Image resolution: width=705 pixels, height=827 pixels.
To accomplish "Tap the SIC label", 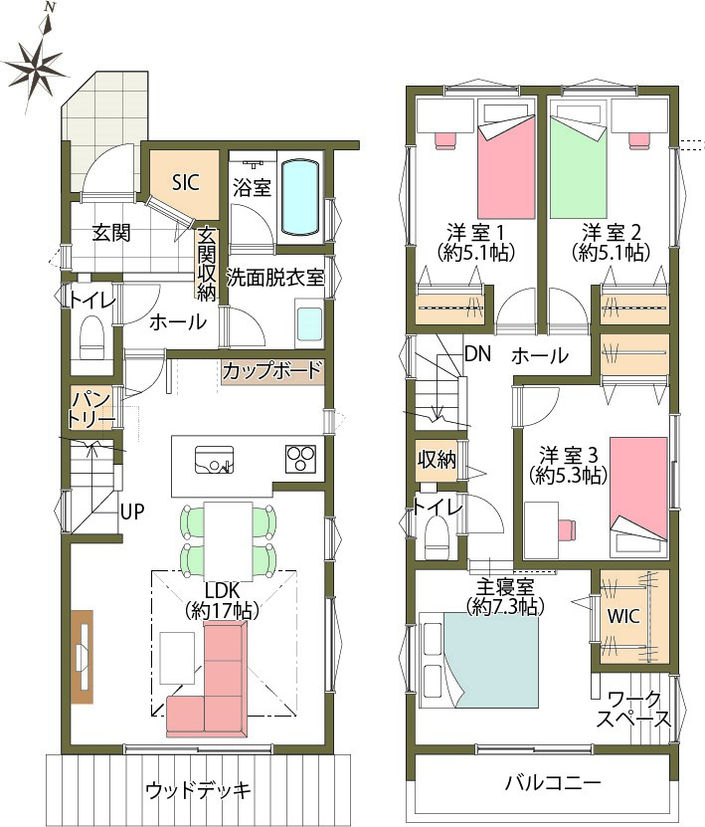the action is point(186,183).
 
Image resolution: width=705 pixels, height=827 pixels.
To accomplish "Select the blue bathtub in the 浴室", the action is point(300,197).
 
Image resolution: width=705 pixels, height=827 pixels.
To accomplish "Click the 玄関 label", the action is point(111,232).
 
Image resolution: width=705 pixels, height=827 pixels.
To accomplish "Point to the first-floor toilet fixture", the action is point(92,337).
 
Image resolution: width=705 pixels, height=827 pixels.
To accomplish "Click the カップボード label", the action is point(271,370).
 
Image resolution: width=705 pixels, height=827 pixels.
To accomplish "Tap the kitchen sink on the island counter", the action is point(214,460).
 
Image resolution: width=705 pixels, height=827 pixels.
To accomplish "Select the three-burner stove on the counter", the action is point(301,458).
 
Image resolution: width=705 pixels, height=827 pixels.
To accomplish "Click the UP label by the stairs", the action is point(131,512).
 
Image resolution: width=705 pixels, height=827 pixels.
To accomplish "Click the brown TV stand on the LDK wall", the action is point(83,657).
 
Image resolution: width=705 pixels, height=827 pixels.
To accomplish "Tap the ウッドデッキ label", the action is point(198,790).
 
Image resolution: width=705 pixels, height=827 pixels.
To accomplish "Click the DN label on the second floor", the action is point(478,354).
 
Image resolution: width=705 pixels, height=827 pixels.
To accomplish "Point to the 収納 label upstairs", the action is point(437,460).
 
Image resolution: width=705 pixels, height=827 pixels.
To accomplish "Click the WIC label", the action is point(623,616).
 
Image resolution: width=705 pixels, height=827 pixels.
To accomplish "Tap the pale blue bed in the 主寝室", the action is point(479,660).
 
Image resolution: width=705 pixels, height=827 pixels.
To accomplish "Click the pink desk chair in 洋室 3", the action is point(567,530).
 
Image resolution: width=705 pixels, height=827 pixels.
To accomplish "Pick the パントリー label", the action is point(91,410).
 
